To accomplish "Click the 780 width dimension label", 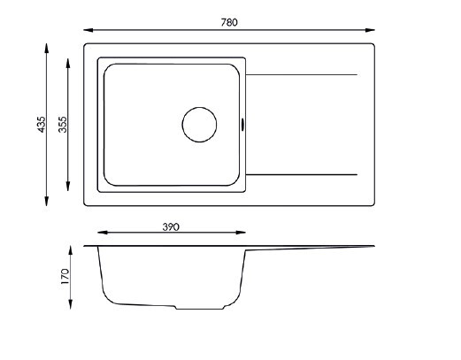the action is point(229,22).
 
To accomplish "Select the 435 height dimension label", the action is point(42,125).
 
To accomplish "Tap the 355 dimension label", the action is point(63,125).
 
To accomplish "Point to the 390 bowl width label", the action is point(171,227).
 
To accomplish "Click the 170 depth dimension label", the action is point(65,276).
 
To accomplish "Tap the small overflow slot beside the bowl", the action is point(242,125).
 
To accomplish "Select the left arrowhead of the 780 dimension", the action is point(88,30).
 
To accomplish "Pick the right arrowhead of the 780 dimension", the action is point(370,30).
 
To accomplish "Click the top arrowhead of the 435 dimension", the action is point(46,48).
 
